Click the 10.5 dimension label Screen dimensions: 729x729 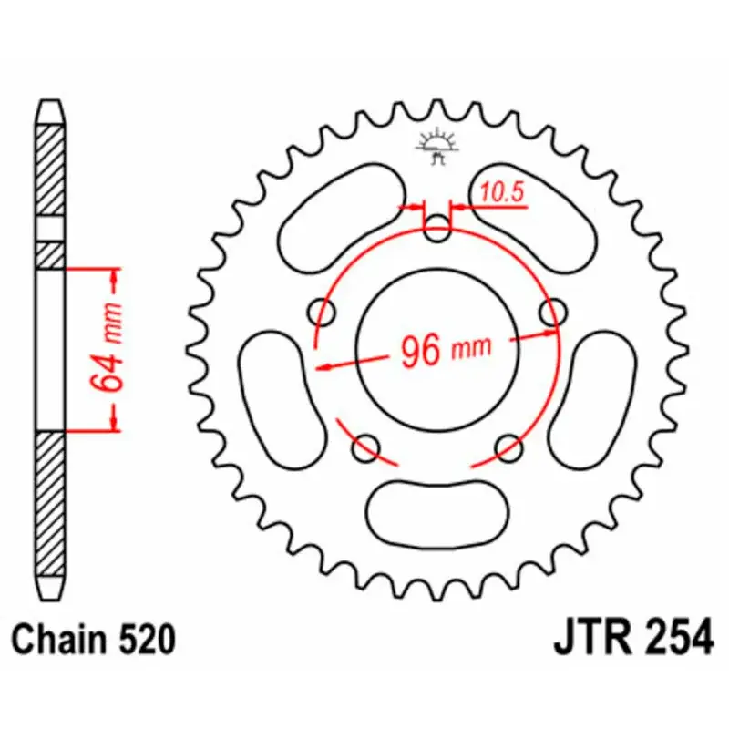click(498, 193)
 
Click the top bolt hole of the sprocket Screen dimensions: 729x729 click(438, 229)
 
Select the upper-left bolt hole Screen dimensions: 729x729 click(322, 313)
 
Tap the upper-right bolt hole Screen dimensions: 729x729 click(551, 313)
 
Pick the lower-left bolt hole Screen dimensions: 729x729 click(366, 447)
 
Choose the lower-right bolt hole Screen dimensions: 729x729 click(510, 447)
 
